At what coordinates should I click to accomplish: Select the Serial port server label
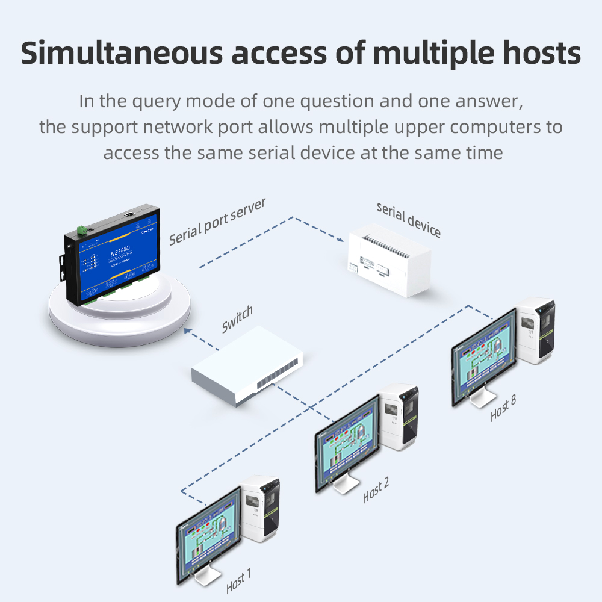[x=217, y=222]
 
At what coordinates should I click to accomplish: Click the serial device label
[x=409, y=220]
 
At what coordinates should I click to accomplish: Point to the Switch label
[x=237, y=319]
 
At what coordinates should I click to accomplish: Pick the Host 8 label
[x=503, y=408]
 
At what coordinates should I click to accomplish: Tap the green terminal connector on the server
[x=81, y=229]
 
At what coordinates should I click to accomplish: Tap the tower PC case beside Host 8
[x=536, y=331]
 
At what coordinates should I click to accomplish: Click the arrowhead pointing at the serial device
[x=341, y=239]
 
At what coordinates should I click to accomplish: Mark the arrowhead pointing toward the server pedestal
[x=188, y=330]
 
